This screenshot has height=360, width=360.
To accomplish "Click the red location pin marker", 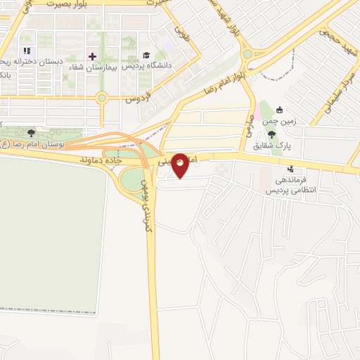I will click(181, 165).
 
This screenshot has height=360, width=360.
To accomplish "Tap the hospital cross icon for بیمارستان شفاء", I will click(92, 56).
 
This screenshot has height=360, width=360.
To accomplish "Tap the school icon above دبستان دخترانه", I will click(27, 51).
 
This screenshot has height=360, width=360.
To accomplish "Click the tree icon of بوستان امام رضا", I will click(30, 132).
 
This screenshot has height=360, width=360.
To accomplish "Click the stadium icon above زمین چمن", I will click(280, 110).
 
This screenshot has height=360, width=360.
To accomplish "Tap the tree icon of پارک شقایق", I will click(272, 136).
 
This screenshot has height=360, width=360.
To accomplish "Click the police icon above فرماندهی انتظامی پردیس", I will click(290, 169).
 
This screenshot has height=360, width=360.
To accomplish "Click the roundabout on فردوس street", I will click(102, 98).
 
